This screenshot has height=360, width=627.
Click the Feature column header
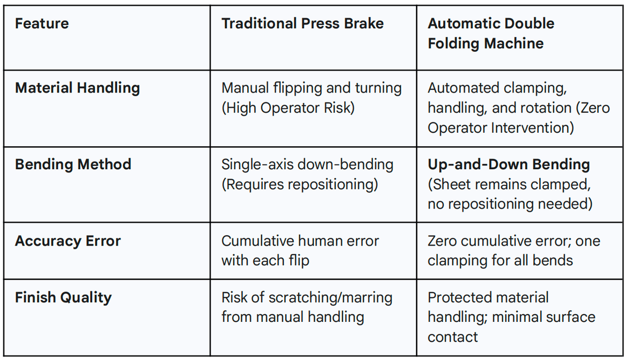click(42, 23)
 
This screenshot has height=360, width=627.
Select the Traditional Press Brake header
click(303, 23)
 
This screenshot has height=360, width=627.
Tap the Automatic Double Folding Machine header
click(491, 33)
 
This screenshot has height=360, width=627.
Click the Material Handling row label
click(77, 88)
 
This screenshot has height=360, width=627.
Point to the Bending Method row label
click(73, 164)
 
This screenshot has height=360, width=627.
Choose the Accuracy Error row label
click(68, 241)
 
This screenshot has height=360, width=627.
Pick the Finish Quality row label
click(63, 298)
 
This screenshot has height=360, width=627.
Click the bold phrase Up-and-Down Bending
click(508, 164)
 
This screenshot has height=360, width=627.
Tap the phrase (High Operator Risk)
click(288, 108)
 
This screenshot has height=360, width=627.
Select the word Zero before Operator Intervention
click(593, 108)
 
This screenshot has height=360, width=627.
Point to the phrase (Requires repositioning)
click(299, 185)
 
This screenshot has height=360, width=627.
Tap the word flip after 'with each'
click(299, 261)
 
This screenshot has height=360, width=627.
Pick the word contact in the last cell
click(452, 338)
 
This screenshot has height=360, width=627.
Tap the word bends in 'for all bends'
click(553, 261)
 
